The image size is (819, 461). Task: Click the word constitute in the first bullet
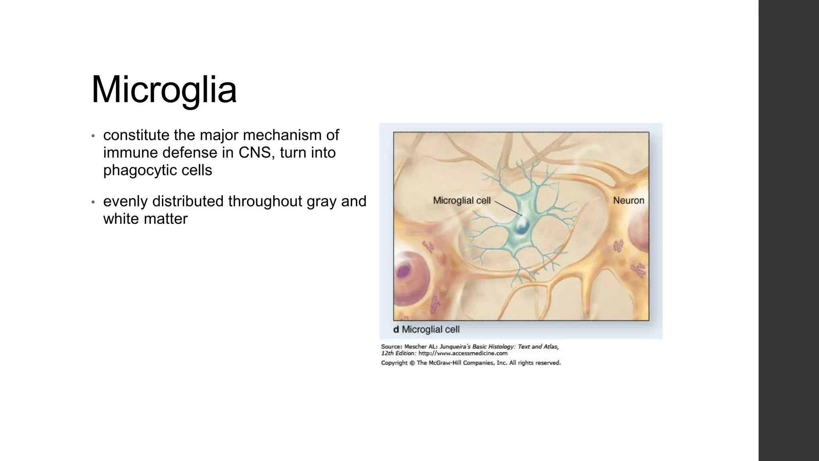(x=136, y=135)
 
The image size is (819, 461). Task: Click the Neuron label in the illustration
(x=628, y=200)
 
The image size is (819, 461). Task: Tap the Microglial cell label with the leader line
(x=461, y=200)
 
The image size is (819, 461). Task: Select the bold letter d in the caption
(x=396, y=330)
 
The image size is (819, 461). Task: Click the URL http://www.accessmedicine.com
(x=463, y=353)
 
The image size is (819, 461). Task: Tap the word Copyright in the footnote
(x=394, y=363)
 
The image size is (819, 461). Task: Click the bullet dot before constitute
(x=93, y=136)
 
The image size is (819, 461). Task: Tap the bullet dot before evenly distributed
(x=93, y=202)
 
